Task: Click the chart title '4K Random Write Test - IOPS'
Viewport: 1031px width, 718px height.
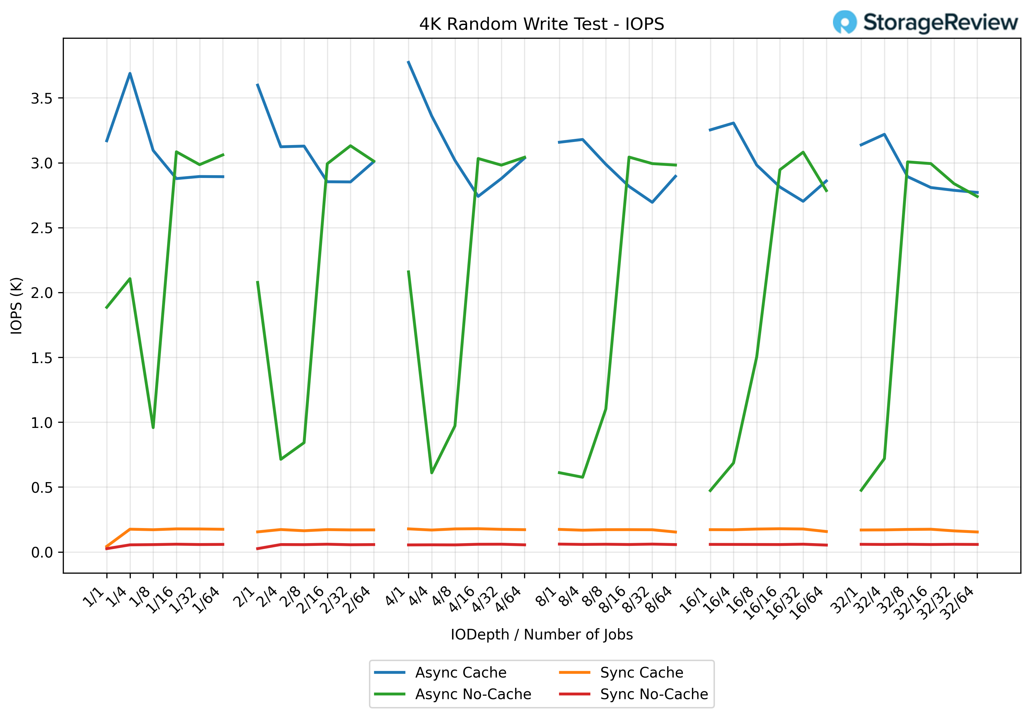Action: click(x=541, y=24)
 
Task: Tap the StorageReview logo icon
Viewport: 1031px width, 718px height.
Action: click(x=844, y=22)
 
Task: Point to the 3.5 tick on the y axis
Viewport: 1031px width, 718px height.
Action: click(x=41, y=98)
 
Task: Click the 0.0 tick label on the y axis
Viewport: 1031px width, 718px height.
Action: click(x=41, y=552)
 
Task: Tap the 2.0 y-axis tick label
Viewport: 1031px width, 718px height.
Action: click(x=41, y=293)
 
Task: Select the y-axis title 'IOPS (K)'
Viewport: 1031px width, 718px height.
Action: click(x=16, y=306)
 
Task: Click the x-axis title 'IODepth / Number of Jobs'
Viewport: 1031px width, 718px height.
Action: click(x=541, y=635)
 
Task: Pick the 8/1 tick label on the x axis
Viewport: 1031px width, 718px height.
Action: click(x=547, y=597)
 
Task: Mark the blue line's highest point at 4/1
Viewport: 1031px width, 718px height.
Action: click(x=408, y=61)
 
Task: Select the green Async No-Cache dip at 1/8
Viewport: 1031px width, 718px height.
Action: click(x=153, y=428)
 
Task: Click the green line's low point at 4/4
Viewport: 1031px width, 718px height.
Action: click(x=431, y=473)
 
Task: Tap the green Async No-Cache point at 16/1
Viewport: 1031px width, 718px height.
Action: click(x=710, y=491)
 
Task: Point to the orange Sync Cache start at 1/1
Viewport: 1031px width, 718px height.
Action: click(x=106, y=547)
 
